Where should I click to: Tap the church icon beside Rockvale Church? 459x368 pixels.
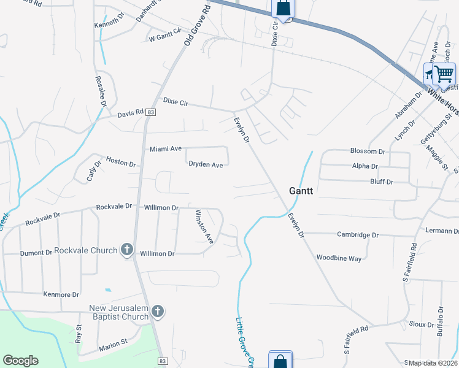click(127, 250)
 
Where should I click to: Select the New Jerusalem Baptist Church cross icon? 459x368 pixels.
click(158, 311)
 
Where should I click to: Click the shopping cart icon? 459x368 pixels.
click(444, 74)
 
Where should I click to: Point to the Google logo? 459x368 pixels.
click(20, 361)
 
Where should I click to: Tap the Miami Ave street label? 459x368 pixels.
click(166, 149)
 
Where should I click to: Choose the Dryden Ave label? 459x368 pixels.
click(206, 164)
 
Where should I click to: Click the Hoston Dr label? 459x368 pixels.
click(120, 162)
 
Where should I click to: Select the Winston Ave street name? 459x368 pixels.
click(204, 226)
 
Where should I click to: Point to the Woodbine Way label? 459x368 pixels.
click(339, 258)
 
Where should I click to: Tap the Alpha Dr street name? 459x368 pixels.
click(365, 166)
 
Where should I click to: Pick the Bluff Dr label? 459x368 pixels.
click(382, 182)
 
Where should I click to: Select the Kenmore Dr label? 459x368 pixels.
click(61, 294)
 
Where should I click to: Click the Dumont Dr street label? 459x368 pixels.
click(36, 253)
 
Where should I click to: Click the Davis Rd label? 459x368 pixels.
click(130, 113)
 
